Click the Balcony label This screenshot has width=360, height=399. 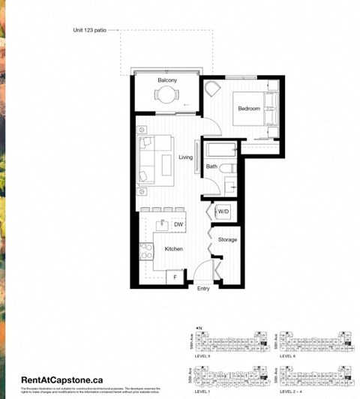tap(166, 79)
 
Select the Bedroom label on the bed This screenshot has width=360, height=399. tap(248, 109)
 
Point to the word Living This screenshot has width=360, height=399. tap(186, 157)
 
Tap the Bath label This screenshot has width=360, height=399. tap(211, 166)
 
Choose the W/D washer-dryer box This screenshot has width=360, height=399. tap(223, 213)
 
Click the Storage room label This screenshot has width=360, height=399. tap(227, 240)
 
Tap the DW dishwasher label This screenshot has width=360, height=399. tap(178, 224)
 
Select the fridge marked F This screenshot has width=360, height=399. tap(175, 278)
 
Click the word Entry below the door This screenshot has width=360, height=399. tap(203, 289)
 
